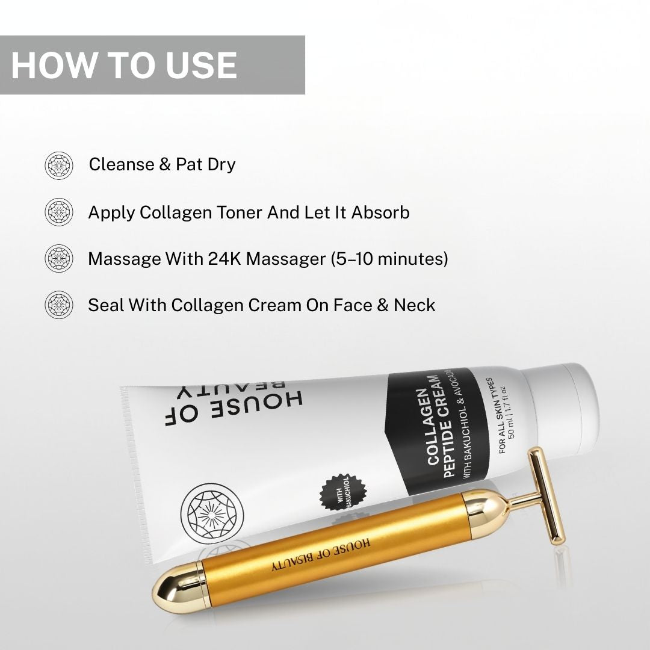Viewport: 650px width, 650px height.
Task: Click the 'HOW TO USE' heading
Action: [x=124, y=65]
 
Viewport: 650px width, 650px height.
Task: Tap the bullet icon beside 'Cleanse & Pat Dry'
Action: [x=59, y=166]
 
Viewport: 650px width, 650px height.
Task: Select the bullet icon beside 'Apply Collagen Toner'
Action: [x=59, y=212]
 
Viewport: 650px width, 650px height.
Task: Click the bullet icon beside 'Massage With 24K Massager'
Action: [x=59, y=259]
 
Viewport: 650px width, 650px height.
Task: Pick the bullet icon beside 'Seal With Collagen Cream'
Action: [x=59, y=305]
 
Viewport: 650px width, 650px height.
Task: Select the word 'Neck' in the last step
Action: [x=414, y=305]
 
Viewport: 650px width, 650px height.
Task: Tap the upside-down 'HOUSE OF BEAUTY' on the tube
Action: [x=235, y=403]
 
